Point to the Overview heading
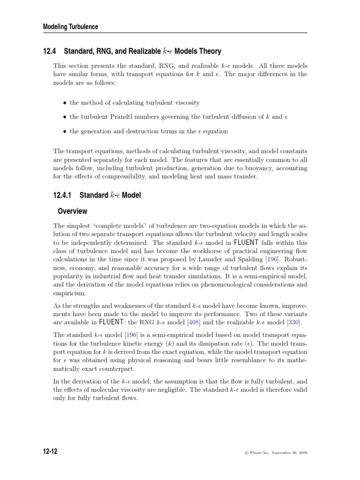72,211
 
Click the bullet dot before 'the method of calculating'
64,103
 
